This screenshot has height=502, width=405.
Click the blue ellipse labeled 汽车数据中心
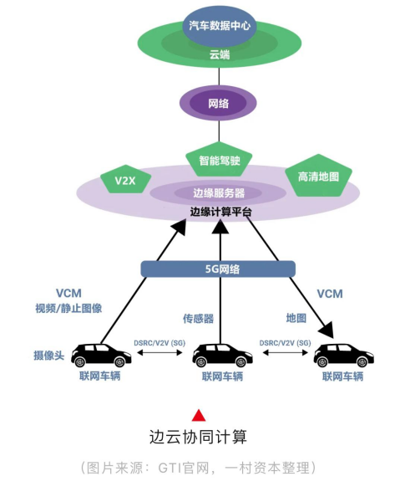(220, 25)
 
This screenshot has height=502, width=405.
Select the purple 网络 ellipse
(219, 104)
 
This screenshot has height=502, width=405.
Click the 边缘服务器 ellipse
(219, 192)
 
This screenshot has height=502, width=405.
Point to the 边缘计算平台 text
(220, 213)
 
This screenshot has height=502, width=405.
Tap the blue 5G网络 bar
(218, 269)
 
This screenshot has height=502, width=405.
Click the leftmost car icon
(101, 356)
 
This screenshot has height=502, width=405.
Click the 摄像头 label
(49, 355)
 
